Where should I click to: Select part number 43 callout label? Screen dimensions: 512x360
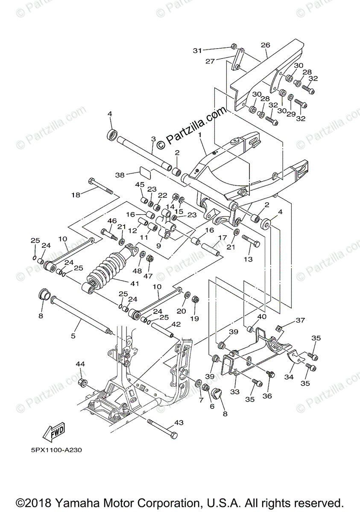tap(179, 423)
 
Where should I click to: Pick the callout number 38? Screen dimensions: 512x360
tap(120, 175)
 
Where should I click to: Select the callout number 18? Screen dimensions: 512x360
tap(76, 195)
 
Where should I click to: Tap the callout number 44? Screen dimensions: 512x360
tap(80, 364)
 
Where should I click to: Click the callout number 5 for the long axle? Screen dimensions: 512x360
tap(73, 336)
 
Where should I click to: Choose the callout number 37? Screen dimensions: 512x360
tap(301, 320)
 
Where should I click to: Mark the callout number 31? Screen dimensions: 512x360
tap(197, 50)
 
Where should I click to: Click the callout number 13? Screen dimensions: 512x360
tap(248, 259)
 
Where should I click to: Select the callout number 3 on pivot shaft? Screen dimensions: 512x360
tap(153, 139)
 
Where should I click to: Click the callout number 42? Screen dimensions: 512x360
tap(176, 324)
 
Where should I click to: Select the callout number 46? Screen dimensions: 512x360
tap(112, 221)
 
